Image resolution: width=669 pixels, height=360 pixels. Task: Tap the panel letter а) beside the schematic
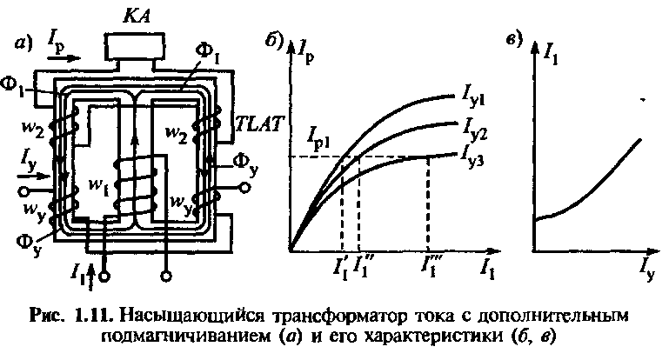point(20,43)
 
